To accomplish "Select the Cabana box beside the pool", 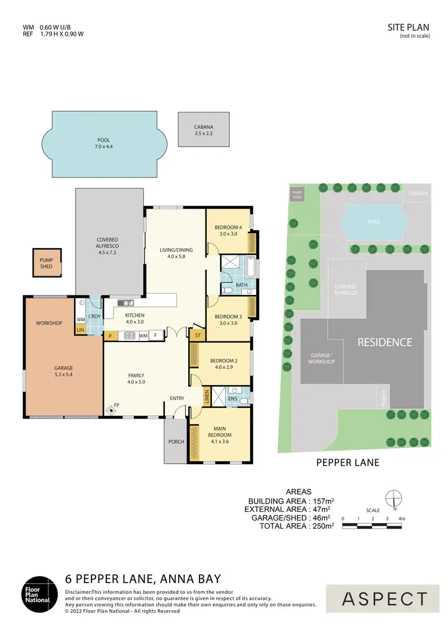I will [x=204, y=130].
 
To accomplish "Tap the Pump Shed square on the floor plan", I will [x=46, y=263].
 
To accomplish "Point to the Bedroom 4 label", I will [x=228, y=231].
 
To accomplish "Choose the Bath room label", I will [x=241, y=285].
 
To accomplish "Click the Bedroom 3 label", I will [x=228, y=320].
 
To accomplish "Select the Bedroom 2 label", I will [x=223, y=364].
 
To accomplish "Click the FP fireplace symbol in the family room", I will [x=112, y=410].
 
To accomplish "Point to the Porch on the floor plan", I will [x=176, y=441].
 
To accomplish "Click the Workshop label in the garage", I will [x=49, y=323].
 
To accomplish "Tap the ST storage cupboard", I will [x=197, y=336].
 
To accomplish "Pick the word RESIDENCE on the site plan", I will [x=385, y=342].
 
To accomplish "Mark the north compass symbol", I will [x=393, y=498].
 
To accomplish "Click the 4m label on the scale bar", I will [x=403, y=518].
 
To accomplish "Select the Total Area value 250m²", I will [x=321, y=526].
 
